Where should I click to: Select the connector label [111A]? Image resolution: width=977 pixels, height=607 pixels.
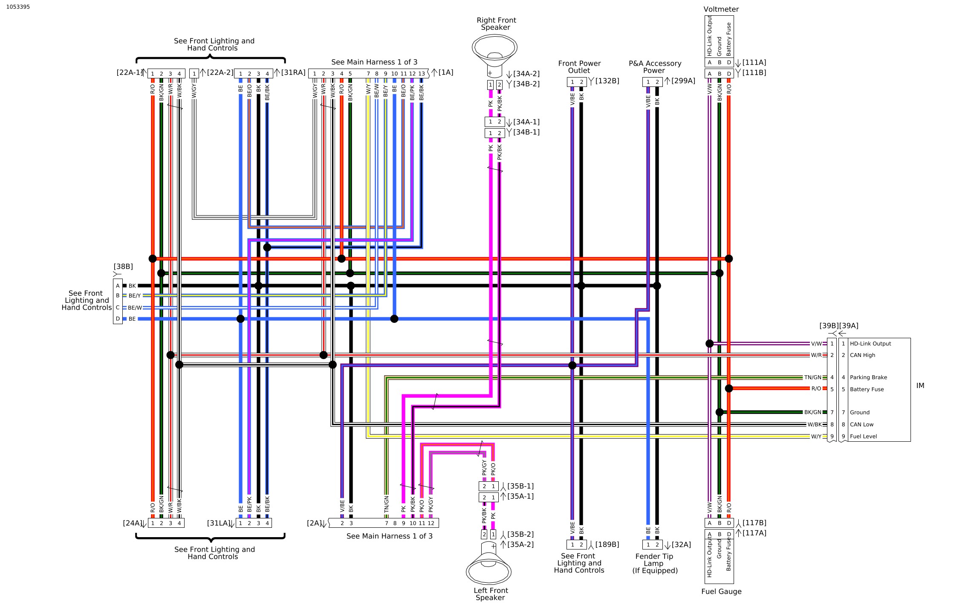754,63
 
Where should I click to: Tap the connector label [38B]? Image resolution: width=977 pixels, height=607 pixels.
123,267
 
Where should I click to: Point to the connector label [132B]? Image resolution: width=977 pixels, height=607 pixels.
607,81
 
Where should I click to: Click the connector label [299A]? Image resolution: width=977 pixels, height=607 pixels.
683,81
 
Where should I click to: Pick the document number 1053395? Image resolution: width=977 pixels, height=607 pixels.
18,7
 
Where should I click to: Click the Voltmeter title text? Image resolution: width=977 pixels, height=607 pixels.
721,9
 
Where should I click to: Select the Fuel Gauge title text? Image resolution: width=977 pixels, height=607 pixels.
721,592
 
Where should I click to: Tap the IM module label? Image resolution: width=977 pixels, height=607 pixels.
920,386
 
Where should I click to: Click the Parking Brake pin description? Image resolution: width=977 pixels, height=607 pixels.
868,377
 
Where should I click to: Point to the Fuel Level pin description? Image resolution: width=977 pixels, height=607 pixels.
863,437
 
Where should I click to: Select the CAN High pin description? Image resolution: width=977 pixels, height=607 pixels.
862,355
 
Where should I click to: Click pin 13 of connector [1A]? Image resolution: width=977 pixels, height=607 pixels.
422,74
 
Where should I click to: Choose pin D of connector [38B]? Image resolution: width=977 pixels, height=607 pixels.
118,319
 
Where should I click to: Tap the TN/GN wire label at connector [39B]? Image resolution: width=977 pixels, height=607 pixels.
812,377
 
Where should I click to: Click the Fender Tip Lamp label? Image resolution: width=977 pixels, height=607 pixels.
654,564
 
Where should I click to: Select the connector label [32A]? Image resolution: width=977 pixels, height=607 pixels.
681,545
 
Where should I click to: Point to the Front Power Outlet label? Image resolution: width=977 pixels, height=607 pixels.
579,67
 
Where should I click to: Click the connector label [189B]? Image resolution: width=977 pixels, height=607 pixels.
607,545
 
